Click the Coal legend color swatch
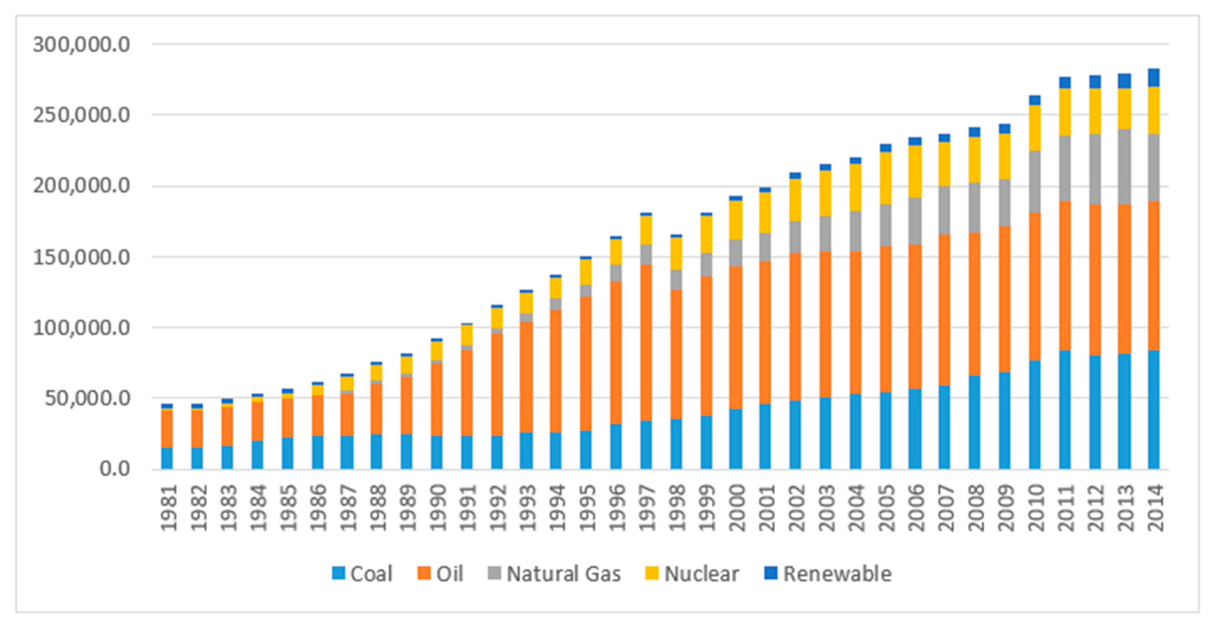338,573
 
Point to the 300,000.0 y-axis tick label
81,45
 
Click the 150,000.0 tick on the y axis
81,258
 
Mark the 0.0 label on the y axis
114,469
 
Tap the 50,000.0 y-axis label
87,398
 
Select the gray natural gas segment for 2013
1124,166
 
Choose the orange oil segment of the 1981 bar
167,428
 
